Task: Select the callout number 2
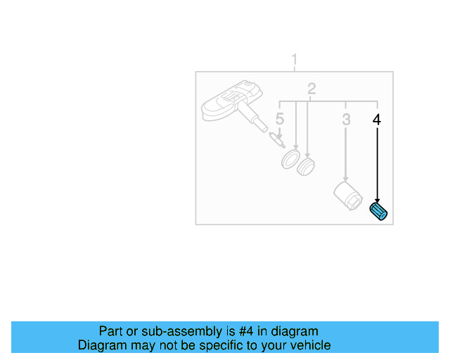(x=311, y=89)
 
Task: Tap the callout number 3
(x=346, y=120)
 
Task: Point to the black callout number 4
(x=377, y=120)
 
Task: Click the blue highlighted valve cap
(x=380, y=211)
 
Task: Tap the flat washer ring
(x=290, y=160)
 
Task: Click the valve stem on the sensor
(x=256, y=120)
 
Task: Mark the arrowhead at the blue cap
(x=378, y=201)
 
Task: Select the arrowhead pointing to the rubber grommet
(x=307, y=156)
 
